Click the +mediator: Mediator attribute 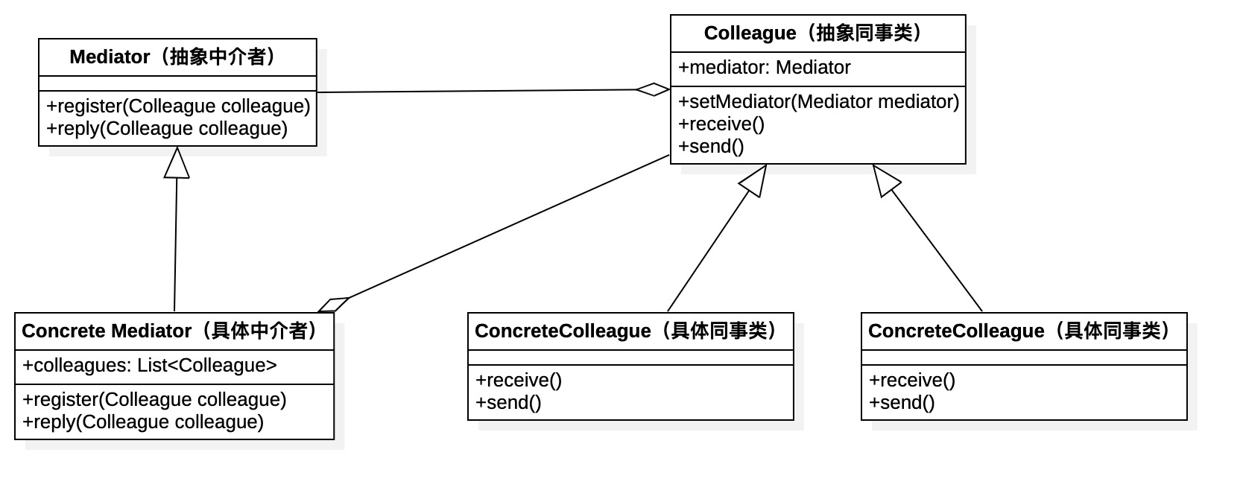click(x=764, y=68)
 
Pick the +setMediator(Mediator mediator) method click(x=818, y=102)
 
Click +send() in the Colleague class click(x=711, y=147)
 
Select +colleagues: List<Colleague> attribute click(x=150, y=366)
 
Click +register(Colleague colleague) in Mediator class click(x=178, y=107)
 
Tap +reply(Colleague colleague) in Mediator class click(x=167, y=129)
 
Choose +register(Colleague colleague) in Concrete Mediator click(x=154, y=400)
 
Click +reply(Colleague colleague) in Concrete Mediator click(x=143, y=422)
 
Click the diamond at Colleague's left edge click(x=653, y=89)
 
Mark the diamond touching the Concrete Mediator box click(x=333, y=305)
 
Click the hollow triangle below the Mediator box click(x=177, y=163)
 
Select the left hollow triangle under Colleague click(x=754, y=181)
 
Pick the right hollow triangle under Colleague click(x=886, y=181)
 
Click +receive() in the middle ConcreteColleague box click(x=519, y=381)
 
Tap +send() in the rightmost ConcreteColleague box click(x=902, y=403)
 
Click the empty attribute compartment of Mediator click(x=177, y=83)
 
